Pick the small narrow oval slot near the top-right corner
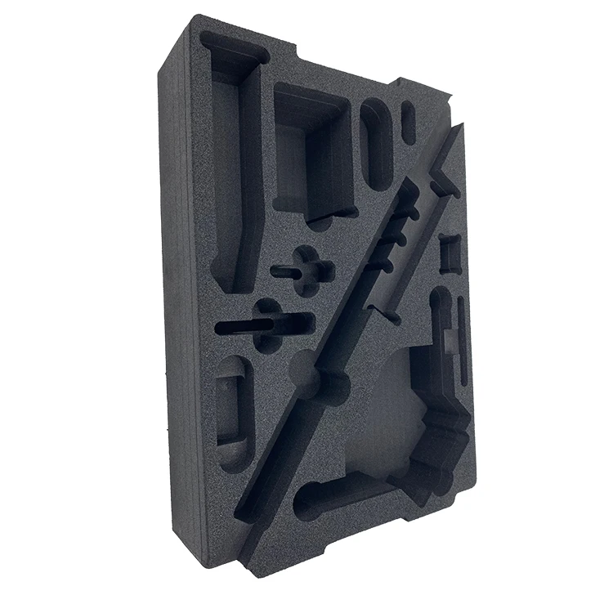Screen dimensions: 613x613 [409, 123]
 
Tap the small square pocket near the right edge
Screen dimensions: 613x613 [450, 253]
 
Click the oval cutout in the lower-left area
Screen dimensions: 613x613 [232, 409]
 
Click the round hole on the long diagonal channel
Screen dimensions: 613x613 [309, 372]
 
